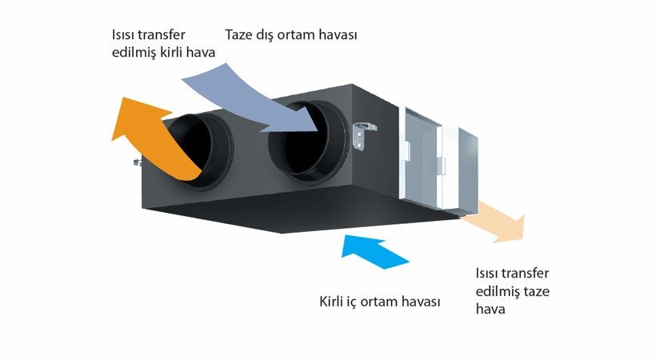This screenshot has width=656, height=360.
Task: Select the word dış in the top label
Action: coord(269,36)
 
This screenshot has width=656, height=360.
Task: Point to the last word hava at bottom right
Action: coord(490,307)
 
